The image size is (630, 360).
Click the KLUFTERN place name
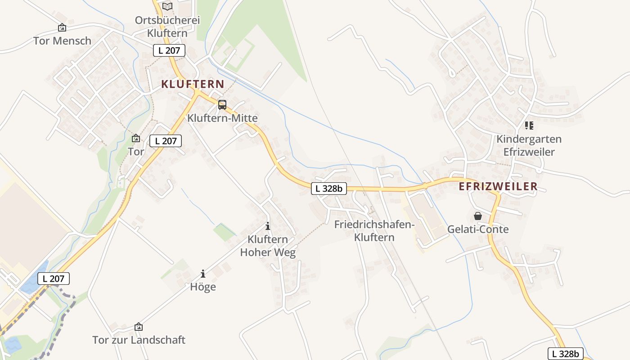click(193, 84)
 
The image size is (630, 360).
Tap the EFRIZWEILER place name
click(498, 187)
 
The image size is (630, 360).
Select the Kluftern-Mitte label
click(222, 118)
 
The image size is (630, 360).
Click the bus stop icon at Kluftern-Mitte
click(222, 105)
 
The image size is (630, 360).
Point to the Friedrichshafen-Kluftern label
click(374, 231)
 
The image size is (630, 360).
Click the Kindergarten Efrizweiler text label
click(529, 145)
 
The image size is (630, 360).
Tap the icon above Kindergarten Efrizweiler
click(529, 126)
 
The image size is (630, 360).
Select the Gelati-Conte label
click(478, 229)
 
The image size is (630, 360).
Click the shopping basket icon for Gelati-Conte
click(478, 216)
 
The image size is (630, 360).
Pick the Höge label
click(203, 287)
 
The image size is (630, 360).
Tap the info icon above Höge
click(203, 273)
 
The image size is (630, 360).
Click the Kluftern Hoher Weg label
click(268, 246)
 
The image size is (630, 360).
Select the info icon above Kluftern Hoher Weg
click(268, 226)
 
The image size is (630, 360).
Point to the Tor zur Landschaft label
click(139, 340)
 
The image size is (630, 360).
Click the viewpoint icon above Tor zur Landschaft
click(139, 327)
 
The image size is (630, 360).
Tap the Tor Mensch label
click(62, 41)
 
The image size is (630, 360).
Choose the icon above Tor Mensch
click(62, 28)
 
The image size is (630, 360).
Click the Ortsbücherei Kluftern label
click(167, 27)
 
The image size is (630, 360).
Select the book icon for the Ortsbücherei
click(167, 6)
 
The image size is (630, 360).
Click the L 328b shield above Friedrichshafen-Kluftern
click(329, 189)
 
